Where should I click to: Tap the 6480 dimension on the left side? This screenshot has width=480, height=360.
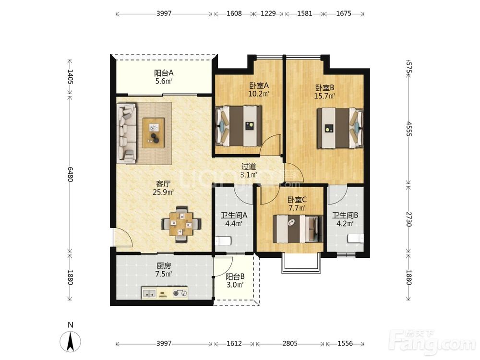click(x=71, y=174)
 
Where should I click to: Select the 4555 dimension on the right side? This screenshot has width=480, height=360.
click(x=409, y=129)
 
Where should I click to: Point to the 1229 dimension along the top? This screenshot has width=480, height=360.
click(x=268, y=13)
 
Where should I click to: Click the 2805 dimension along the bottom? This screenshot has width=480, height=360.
click(x=290, y=344)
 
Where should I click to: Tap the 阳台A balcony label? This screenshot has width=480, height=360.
click(x=164, y=73)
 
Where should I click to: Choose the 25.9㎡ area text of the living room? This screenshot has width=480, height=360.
click(x=163, y=192)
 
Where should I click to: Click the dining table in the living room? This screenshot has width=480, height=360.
click(x=181, y=225)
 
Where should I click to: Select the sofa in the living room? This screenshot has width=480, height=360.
click(x=127, y=132)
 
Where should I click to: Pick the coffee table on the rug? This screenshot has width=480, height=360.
click(x=154, y=133)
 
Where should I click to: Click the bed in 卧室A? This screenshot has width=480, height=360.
click(x=239, y=126)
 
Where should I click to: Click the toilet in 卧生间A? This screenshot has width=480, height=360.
click(x=223, y=240)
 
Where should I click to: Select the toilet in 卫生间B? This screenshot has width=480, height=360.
click(x=355, y=239)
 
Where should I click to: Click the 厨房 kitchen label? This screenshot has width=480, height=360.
click(x=164, y=266)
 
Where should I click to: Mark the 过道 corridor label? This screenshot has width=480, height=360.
click(x=249, y=167)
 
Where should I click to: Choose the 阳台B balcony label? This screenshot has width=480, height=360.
click(x=235, y=277)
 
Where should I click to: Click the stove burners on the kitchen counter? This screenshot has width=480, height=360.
click(x=180, y=293)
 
